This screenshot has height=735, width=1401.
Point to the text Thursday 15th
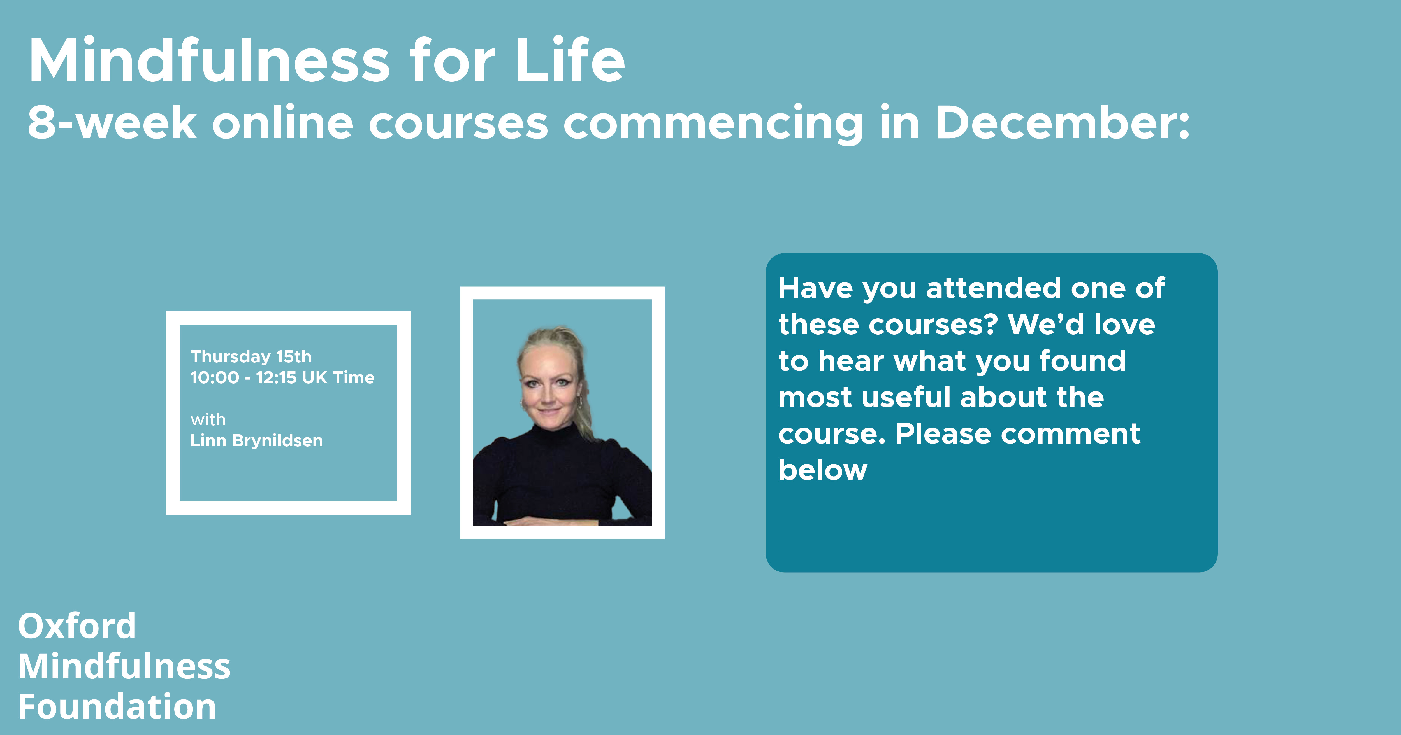(x=251, y=357)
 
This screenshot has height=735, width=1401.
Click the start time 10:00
(x=214, y=377)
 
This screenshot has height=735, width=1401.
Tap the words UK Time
(x=338, y=377)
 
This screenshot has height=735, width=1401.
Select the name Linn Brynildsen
(x=256, y=440)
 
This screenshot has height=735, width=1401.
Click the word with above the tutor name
(x=208, y=420)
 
